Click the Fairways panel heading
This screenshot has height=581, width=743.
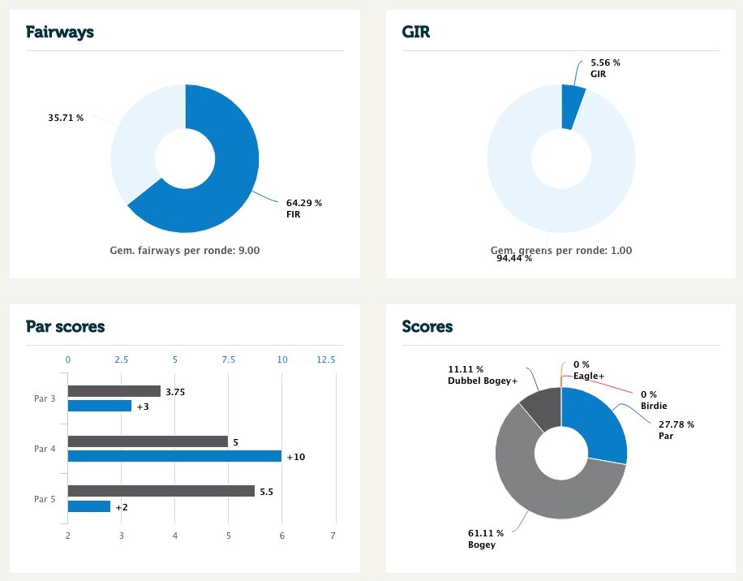point(60,32)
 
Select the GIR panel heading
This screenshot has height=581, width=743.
point(417,32)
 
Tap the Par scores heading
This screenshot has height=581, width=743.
point(65,327)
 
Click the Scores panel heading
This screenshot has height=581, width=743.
point(427,327)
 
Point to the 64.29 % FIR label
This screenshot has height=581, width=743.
point(304,209)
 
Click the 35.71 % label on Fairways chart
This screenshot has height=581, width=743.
point(66,118)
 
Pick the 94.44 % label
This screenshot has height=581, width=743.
point(514,259)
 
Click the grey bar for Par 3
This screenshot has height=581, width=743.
point(114,391)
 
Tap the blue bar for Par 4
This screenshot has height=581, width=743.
point(174,456)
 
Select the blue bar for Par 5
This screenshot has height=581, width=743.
point(89,506)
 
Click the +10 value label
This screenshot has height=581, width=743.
point(295,457)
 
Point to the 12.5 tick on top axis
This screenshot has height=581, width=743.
point(325,359)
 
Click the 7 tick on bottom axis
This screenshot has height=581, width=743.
point(333,536)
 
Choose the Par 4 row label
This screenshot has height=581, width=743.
point(45,449)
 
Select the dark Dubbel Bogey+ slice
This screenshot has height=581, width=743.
point(542,407)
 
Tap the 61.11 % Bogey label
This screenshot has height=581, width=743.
point(486,539)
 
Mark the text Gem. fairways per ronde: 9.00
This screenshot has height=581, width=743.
point(185,251)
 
